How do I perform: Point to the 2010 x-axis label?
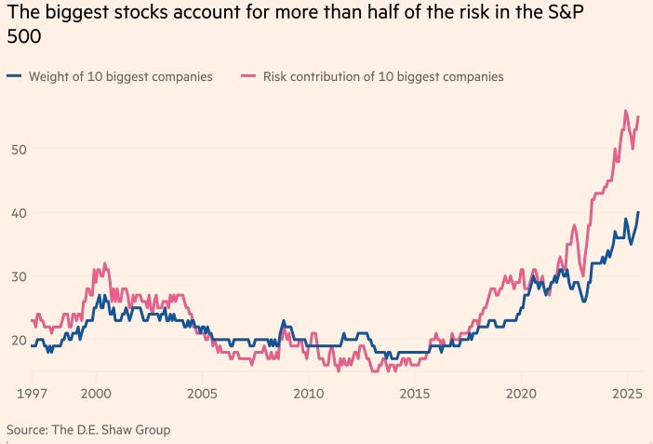pyautogui.click(x=308, y=393)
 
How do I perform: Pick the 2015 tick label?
pyautogui.click(x=415, y=393)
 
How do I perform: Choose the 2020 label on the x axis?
pyautogui.click(x=522, y=393)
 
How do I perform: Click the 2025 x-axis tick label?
pyautogui.click(x=628, y=393)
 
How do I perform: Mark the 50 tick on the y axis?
pyautogui.click(x=19, y=149)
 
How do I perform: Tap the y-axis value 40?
pyautogui.click(x=19, y=212)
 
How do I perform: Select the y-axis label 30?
pyautogui.click(x=19, y=276)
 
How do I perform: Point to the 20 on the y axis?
pyautogui.click(x=19, y=340)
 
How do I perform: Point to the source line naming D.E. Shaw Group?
pyautogui.click(x=88, y=429)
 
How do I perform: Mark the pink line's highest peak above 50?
pyautogui.click(x=625, y=111)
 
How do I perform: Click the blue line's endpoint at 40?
pyautogui.click(x=638, y=212)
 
